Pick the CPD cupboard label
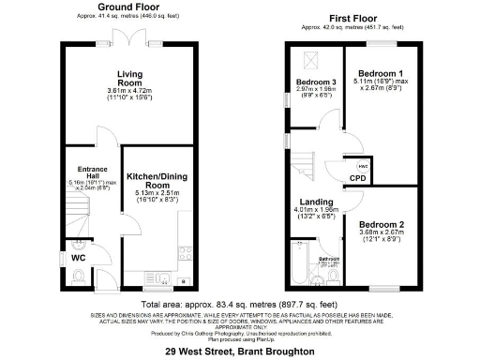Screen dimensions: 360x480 click(x=357, y=178)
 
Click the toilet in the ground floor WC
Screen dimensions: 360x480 click(x=79, y=275)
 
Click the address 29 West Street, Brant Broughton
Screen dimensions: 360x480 click(x=238, y=351)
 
